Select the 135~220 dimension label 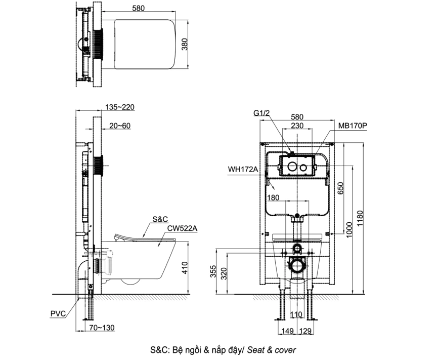tap(120, 107)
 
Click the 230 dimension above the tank tap(296, 126)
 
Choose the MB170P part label tap(353, 125)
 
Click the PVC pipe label tap(58, 313)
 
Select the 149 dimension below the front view tap(288, 332)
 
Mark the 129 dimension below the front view tap(306, 332)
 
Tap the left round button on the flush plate tap(291, 167)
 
